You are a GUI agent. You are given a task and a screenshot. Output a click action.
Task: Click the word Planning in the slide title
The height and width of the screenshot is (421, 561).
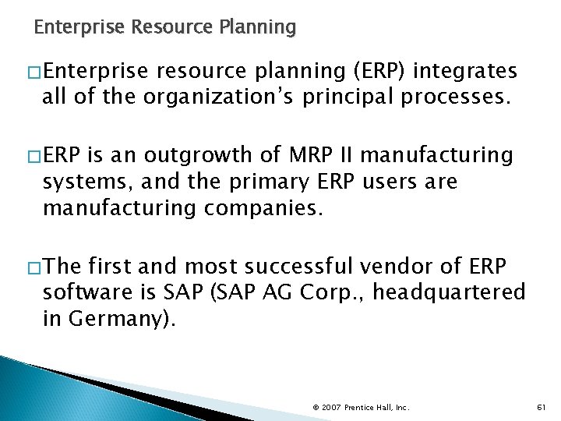click(x=258, y=28)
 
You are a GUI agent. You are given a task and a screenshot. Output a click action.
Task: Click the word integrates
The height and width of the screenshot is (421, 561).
click(x=465, y=73)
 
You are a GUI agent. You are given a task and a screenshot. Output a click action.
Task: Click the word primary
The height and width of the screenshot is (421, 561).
click(x=278, y=182)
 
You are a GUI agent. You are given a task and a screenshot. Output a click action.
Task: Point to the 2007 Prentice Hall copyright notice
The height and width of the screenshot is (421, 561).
click(x=360, y=406)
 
